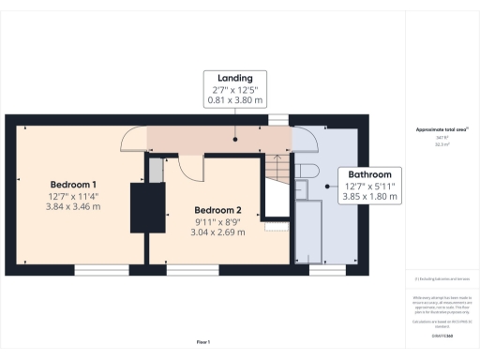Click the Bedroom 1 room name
(x=73, y=184)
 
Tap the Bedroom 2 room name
(x=218, y=209)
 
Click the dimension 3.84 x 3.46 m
(x=73, y=207)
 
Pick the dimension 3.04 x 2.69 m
(x=218, y=232)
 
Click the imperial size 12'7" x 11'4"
(x=73, y=196)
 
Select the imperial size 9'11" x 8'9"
(x=218, y=221)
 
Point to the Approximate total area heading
(x=442, y=128)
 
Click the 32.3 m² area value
(x=442, y=144)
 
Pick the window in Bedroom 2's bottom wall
(x=193, y=268)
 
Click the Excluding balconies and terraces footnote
(x=442, y=278)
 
